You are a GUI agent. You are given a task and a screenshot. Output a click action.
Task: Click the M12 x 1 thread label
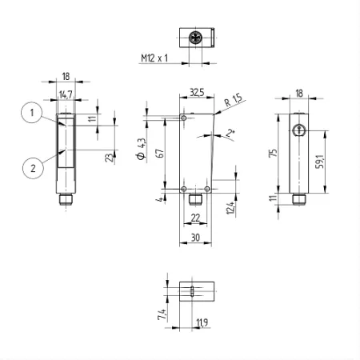pyautogui.click(x=154, y=58)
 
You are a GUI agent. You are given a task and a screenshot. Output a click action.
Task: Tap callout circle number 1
pyautogui.click(x=32, y=112)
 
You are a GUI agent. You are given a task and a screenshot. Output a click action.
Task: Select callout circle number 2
pyautogui.click(x=33, y=168)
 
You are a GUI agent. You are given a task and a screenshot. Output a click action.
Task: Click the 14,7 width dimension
pyautogui.click(x=66, y=94)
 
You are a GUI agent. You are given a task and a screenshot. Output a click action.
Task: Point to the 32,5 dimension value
pyautogui.click(x=197, y=93)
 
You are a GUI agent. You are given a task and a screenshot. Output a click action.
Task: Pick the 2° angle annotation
pyautogui.click(x=230, y=133)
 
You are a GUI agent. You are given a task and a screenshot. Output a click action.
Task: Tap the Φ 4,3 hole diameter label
pyautogui.click(x=142, y=149)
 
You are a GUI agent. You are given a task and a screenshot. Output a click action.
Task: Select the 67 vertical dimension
pyautogui.click(x=161, y=153)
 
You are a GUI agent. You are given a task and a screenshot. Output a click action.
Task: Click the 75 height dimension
pyautogui.click(x=273, y=153)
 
